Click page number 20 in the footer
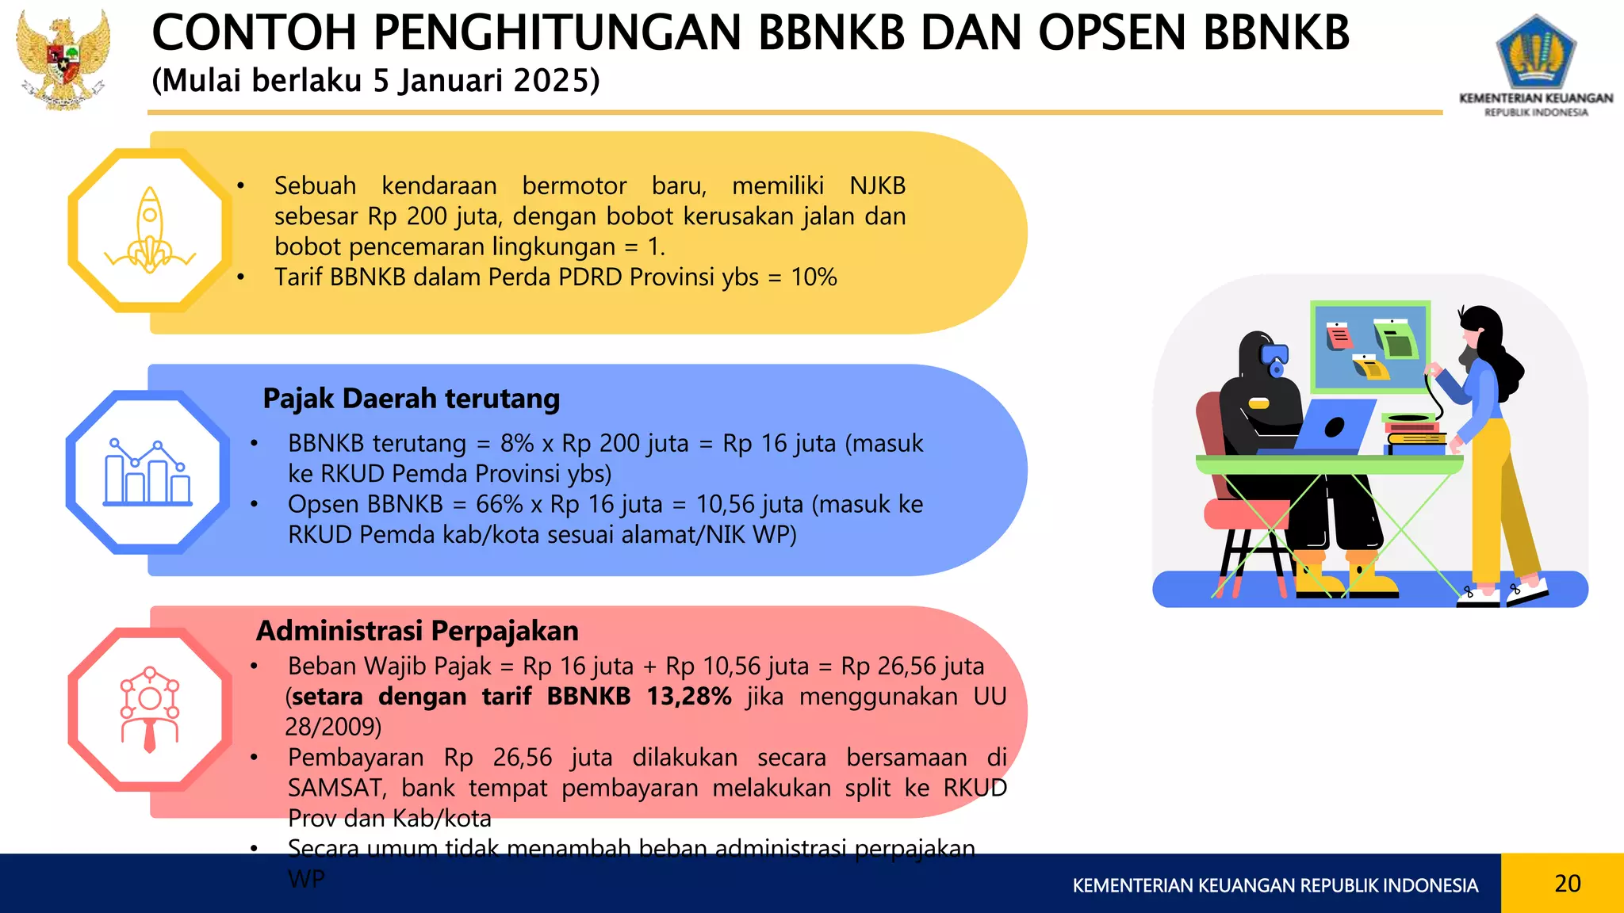pos(1567,883)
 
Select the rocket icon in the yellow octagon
pos(150,231)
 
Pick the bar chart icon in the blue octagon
pos(148,472)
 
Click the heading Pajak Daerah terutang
pos(411,398)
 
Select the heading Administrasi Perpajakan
pos(417,631)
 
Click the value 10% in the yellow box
pos(814,277)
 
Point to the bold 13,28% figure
pos(688,697)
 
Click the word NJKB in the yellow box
pos(877,185)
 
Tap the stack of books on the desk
pos(1415,435)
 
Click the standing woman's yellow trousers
pos(1495,499)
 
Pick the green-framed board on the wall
pos(1370,346)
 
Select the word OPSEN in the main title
pos(1112,33)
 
